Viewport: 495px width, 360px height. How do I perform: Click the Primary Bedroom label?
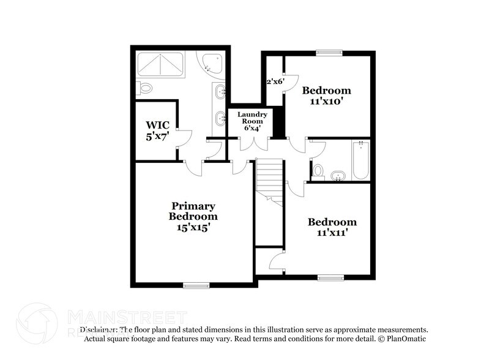point(193,211)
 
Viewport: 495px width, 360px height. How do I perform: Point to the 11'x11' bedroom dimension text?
point(332,233)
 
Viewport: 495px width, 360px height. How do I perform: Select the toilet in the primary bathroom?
point(144,89)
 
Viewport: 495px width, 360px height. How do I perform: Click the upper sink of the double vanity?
point(220,93)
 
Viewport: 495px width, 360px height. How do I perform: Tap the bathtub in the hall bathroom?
point(360,160)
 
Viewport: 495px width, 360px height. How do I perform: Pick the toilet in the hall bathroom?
point(318,169)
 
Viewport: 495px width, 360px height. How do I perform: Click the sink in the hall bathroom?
point(337,176)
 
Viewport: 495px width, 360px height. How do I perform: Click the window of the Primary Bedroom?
point(196,285)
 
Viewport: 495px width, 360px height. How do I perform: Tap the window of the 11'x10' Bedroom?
point(329,52)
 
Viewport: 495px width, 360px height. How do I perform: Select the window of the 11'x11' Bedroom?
point(330,277)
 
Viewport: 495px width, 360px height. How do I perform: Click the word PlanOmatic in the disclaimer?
point(405,338)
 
